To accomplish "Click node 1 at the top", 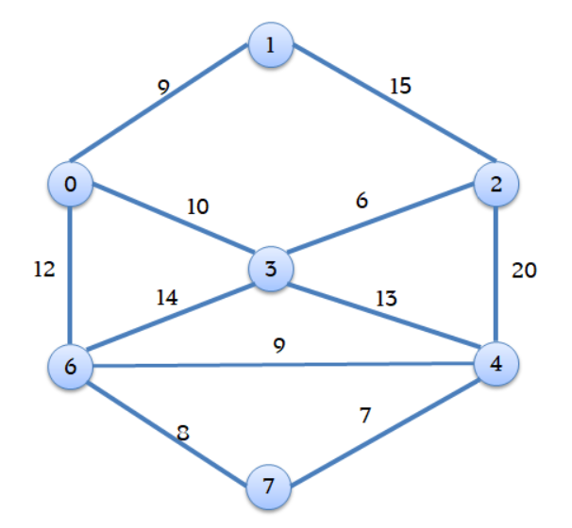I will pyautogui.click(x=272, y=44).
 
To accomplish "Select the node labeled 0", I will pyautogui.click(x=71, y=184).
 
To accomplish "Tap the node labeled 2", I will pyautogui.click(x=496, y=184).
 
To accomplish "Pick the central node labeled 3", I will pyautogui.click(x=272, y=269).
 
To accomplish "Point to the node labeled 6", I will pyautogui.click(x=71, y=365).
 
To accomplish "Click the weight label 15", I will pyautogui.click(x=399, y=87).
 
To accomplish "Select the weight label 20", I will pyautogui.click(x=524, y=271).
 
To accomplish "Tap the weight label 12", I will pyautogui.click(x=43, y=270).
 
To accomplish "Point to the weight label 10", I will pyautogui.click(x=197, y=206).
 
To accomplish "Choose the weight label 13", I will pyautogui.click(x=386, y=299).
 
